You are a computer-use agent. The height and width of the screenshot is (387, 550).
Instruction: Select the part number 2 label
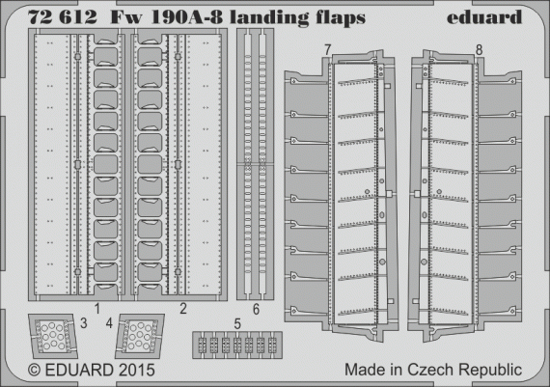click(182, 309)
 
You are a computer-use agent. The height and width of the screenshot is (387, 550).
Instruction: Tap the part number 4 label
click(108, 323)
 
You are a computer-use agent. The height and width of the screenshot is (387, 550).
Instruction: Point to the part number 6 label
click(255, 309)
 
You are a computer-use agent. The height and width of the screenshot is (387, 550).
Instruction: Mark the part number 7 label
click(328, 48)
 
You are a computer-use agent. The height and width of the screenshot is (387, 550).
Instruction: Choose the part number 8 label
click(479, 48)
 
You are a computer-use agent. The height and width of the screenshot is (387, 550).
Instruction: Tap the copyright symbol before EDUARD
click(34, 370)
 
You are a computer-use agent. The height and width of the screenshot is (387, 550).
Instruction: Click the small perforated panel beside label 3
click(50, 336)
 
